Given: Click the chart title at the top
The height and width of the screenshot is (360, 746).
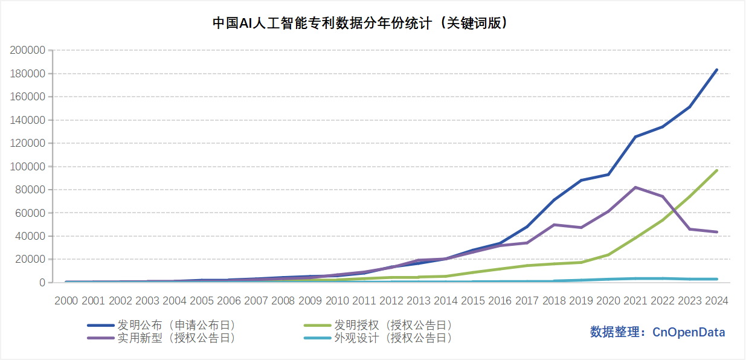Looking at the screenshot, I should [x=359, y=23].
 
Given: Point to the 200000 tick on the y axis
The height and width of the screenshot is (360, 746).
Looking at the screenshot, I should [x=28, y=50].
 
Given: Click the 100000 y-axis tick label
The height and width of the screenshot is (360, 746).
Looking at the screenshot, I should [x=28, y=167].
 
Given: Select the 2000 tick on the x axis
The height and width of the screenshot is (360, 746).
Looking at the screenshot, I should [x=66, y=300].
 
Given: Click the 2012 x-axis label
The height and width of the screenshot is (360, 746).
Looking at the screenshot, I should [x=391, y=300].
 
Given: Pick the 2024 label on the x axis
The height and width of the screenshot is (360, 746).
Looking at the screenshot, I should [x=716, y=300].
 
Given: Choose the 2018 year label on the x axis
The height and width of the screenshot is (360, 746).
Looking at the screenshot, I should [x=554, y=300].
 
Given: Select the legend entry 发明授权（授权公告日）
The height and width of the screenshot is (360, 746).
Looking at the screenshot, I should [x=393, y=326].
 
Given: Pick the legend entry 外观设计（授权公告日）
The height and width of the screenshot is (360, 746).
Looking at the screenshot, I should [x=393, y=338].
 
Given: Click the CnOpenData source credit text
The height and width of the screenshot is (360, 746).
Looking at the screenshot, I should [x=657, y=332].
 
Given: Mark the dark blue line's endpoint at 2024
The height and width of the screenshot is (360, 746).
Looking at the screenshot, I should [x=716, y=70].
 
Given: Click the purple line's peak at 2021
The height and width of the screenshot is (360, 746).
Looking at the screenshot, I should [x=635, y=187].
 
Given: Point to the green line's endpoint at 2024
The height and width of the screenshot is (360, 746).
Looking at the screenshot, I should [x=716, y=170].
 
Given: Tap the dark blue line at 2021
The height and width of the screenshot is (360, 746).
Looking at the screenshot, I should [x=635, y=137].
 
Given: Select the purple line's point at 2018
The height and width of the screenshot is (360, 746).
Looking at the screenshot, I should [x=554, y=225].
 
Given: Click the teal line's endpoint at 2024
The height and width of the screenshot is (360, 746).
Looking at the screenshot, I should [x=716, y=279].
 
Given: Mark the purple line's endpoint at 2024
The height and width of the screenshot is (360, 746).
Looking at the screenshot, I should [x=716, y=232].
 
